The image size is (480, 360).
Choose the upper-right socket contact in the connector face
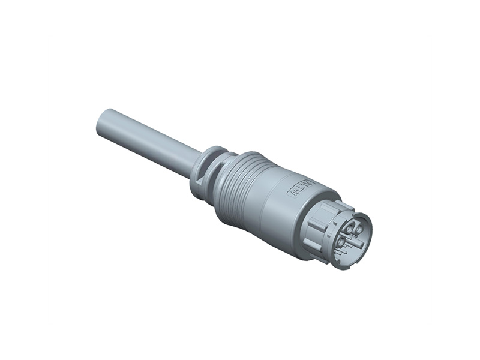pos(359,229)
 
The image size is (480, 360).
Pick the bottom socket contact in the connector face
pos(342,241)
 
